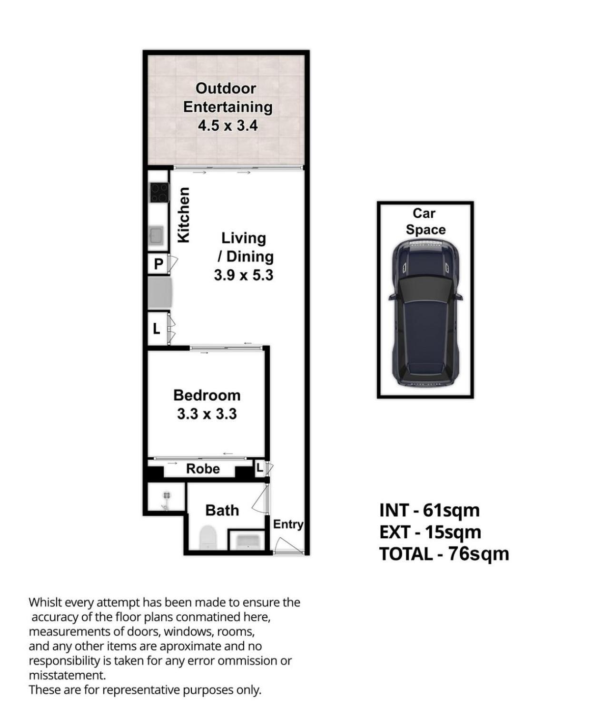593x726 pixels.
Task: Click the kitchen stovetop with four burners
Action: tap(159, 193)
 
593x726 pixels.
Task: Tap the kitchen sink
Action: tap(156, 235)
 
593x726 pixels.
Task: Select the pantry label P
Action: tap(158, 264)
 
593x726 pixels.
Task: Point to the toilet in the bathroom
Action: tap(208, 537)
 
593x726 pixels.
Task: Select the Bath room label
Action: tap(222, 510)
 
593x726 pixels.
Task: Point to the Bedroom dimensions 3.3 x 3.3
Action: tap(207, 414)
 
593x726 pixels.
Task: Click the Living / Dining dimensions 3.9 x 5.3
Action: tap(243, 275)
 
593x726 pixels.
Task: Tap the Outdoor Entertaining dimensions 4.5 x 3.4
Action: tap(227, 126)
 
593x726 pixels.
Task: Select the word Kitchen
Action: tap(184, 215)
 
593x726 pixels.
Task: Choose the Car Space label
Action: tap(425, 222)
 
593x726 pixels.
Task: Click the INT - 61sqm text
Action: tap(429, 510)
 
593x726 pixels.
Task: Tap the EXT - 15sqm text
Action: tap(430, 532)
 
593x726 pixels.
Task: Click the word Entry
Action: tap(288, 524)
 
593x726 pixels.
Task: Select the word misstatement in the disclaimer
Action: tap(67, 676)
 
